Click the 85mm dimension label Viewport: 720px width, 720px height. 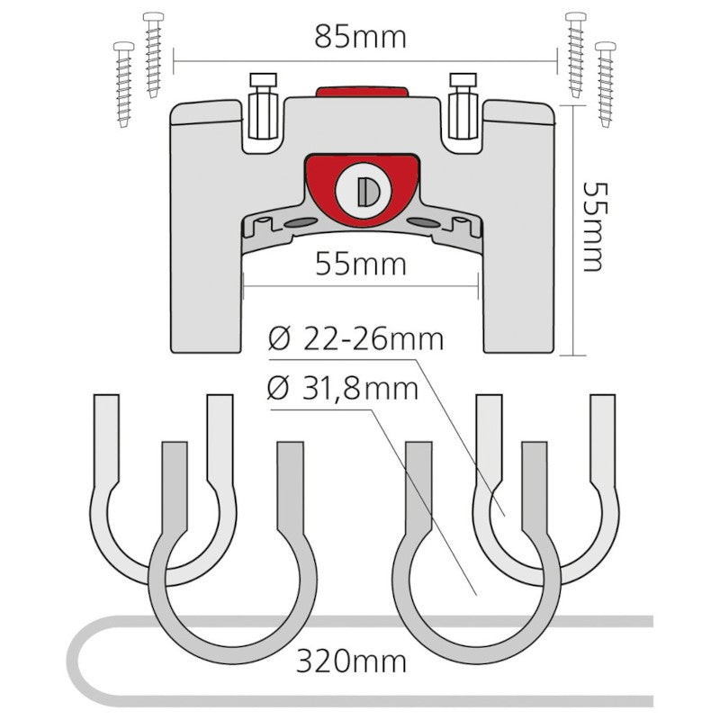tap(361, 37)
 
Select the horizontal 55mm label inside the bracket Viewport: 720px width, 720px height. tap(361, 265)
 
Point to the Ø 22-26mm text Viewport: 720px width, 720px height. tap(355, 339)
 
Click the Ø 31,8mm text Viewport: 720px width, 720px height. tap(343, 389)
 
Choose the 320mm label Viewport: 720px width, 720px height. tap(351, 661)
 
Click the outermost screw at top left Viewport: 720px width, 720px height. tap(124, 85)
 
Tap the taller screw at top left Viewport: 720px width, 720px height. tap(153, 55)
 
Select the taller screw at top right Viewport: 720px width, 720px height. tap(575, 55)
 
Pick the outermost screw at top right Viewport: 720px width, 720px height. tap(606, 85)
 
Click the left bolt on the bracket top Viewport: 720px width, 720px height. tap(263, 106)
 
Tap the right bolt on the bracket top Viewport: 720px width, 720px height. tap(463, 106)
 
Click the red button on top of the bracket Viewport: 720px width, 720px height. tap(362, 91)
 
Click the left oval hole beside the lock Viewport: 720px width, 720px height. tap(301, 222)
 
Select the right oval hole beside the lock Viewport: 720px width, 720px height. tap(423, 222)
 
